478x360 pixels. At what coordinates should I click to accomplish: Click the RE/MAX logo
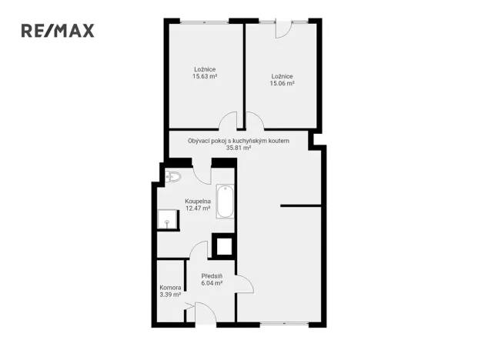57,31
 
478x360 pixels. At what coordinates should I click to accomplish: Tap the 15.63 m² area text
205,77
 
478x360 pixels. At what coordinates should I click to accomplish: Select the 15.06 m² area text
282,84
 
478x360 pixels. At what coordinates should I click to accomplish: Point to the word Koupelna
198,201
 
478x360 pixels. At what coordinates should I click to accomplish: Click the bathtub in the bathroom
224,201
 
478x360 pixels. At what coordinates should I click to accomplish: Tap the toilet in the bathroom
172,177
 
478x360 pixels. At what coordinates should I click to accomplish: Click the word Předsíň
212,275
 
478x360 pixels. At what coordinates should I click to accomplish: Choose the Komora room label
170,287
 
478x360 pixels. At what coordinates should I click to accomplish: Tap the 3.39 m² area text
170,295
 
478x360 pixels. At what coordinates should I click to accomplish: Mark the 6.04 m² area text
212,283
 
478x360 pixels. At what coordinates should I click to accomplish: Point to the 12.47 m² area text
198,208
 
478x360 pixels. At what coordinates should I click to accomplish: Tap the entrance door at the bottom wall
206,315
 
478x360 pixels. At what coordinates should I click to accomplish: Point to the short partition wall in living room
301,205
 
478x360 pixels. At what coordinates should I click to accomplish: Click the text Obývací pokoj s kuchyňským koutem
239,140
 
